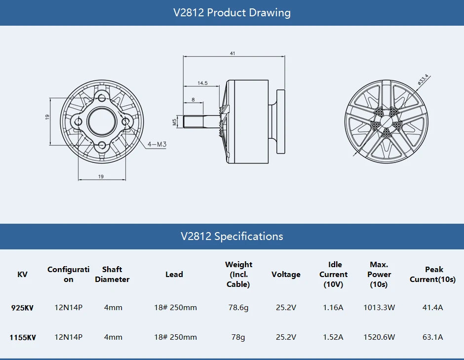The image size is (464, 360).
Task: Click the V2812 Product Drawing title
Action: (232, 13)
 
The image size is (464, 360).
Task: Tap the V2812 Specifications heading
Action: (232, 236)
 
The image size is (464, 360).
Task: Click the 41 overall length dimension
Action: (232, 53)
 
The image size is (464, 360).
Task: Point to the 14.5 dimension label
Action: (202, 83)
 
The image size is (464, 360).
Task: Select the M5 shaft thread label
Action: (175, 121)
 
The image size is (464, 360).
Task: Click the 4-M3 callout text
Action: (157, 145)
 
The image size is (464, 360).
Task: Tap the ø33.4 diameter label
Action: (423, 80)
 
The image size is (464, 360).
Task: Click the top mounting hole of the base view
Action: (102, 97)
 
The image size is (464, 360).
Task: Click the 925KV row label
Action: (22, 308)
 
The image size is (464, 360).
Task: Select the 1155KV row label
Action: (22, 337)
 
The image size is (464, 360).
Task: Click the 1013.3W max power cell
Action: (379, 308)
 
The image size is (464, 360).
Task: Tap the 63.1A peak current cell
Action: (433, 337)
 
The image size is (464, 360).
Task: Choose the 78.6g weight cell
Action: (238, 308)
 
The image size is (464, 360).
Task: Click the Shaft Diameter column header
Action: (112, 275)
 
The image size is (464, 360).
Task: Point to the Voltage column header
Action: (286, 275)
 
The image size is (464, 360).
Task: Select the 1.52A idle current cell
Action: (333, 337)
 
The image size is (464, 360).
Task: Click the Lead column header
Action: (174, 275)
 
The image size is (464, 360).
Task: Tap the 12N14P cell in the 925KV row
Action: (68, 308)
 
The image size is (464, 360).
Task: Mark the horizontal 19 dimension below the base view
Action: (101, 176)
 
